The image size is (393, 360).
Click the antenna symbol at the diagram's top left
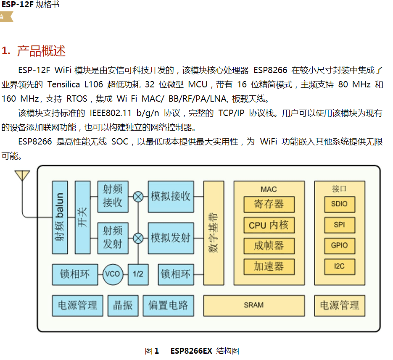click(22, 175)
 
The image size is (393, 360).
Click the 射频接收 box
click(113, 196)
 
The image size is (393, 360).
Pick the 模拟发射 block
click(171, 238)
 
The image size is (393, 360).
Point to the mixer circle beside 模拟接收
click(138, 196)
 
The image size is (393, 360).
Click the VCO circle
click(113, 274)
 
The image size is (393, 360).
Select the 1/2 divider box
click(138, 274)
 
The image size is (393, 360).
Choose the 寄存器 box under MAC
click(269, 205)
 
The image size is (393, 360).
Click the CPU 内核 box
click(269, 225)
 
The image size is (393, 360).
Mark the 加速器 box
click(269, 266)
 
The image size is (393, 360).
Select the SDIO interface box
click(340, 204)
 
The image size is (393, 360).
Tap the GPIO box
click(340, 246)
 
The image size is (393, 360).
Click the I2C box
click(340, 266)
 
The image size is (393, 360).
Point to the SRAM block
click(254, 305)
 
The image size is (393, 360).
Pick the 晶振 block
click(123, 305)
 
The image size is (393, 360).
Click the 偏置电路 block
click(168, 305)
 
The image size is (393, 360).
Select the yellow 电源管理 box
click(340, 305)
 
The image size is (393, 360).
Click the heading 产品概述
click(41, 51)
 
